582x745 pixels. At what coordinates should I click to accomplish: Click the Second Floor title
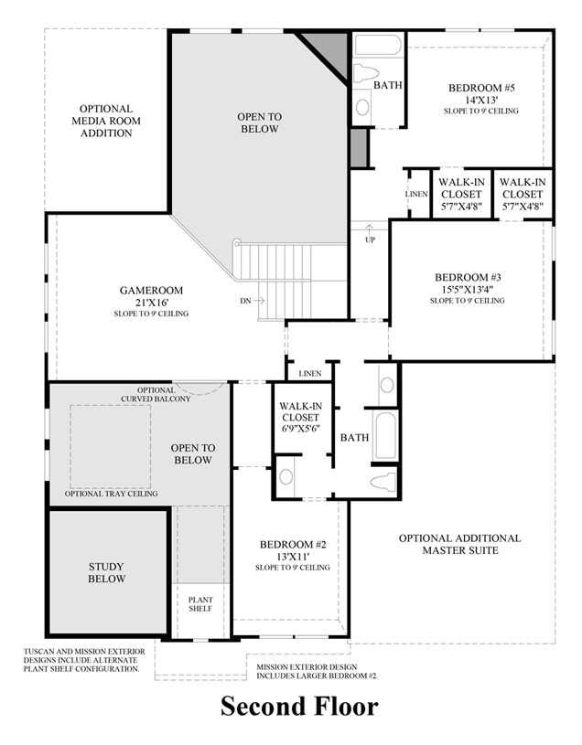297,707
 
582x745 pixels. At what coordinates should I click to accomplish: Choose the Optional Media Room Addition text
105,121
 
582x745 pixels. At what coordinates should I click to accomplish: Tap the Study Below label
107,572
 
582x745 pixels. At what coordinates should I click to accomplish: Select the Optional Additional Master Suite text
458,544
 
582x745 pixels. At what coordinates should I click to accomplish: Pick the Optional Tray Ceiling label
111,494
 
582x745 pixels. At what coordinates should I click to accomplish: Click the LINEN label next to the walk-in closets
415,194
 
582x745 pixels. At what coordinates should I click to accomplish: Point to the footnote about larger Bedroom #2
317,672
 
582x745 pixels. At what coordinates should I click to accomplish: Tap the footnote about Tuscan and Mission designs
82,660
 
